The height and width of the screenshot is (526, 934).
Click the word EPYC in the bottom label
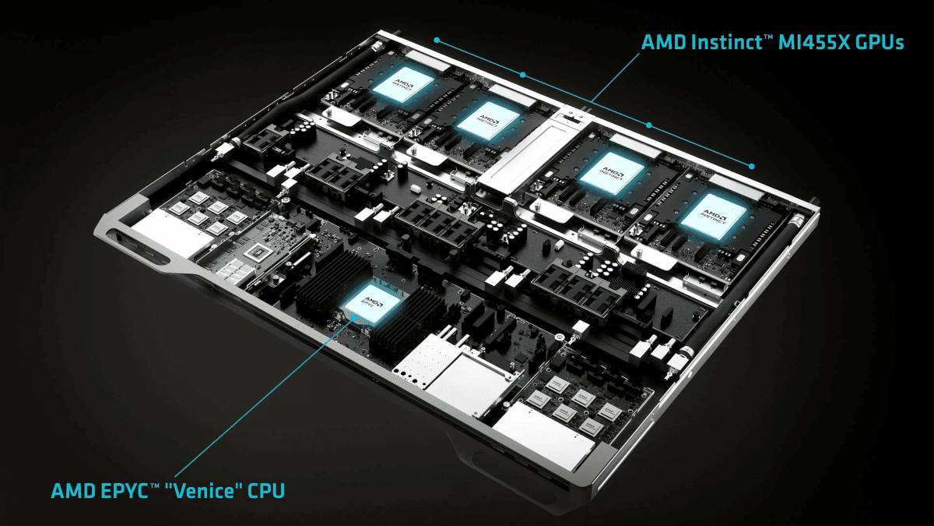tap(125, 490)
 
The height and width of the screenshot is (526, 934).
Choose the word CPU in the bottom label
tap(266, 490)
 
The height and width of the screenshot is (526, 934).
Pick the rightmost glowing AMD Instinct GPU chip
tap(714, 217)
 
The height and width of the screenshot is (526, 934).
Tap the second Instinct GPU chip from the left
tap(488, 120)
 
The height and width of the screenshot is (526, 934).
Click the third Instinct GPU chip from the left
tap(612, 173)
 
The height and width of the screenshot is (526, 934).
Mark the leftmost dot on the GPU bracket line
tap(437, 40)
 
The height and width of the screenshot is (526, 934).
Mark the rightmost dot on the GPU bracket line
tap(751, 166)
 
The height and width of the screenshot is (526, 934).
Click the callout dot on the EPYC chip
tap(355, 318)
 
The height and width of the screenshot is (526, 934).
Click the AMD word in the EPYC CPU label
tap(73, 490)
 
